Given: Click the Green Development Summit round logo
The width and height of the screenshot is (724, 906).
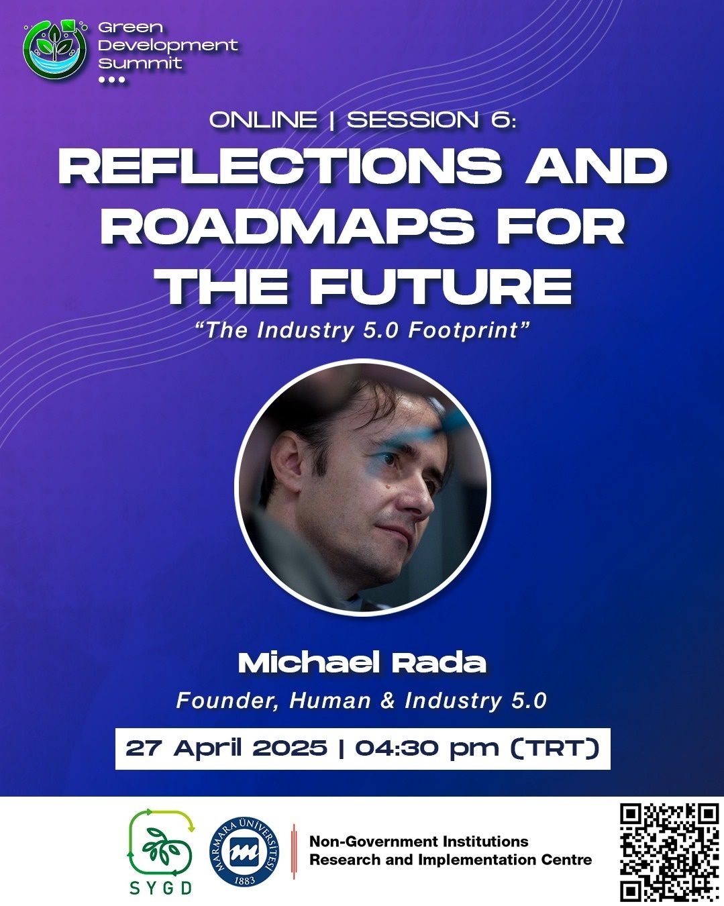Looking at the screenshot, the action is pyautogui.click(x=55, y=50).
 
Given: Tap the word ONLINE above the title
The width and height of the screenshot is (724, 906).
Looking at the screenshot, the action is pyautogui.click(x=263, y=119).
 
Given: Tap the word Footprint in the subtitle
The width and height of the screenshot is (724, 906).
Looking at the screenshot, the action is pyautogui.click(x=463, y=331).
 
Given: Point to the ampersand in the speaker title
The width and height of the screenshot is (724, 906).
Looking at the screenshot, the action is pyautogui.click(x=387, y=701).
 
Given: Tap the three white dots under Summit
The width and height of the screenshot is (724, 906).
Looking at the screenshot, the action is pyautogui.click(x=111, y=79).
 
